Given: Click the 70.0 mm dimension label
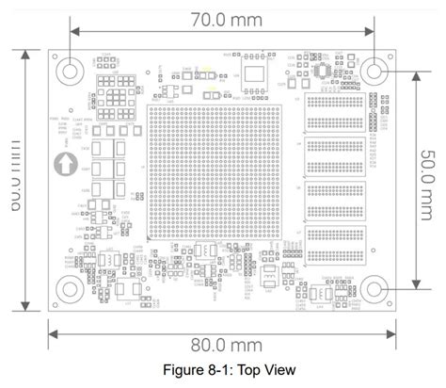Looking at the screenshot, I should point(222,17).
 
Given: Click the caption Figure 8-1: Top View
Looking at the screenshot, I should point(221,371).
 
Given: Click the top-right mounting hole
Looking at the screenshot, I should point(374,70).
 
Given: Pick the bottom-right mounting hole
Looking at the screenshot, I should point(374,288).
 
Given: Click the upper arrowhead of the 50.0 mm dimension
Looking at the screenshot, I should point(415,73).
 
